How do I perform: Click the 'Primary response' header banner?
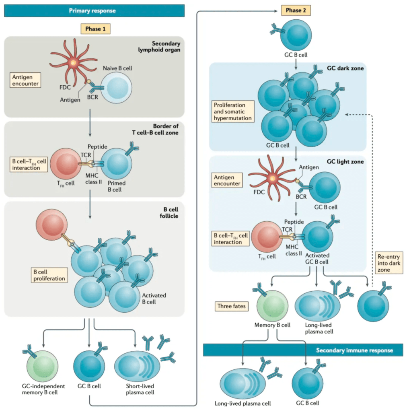point(95,10)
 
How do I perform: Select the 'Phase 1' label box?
point(95,29)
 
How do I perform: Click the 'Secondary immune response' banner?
point(303,350)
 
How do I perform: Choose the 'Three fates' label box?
point(232,307)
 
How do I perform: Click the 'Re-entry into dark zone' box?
point(389,263)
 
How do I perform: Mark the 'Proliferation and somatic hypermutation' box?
point(234,111)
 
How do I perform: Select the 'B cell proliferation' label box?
point(48,275)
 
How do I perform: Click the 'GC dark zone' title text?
point(345,68)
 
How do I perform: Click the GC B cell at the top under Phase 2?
point(295,35)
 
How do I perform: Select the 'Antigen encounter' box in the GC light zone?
point(228,180)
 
